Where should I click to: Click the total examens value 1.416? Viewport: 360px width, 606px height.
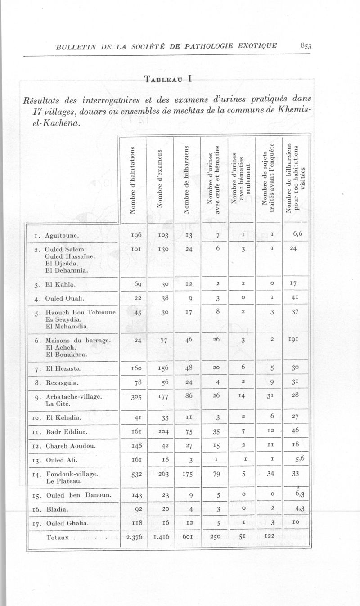(161, 537)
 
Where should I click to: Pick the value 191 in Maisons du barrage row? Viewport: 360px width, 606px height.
(295, 341)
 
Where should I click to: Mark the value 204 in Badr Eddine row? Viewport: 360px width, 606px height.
(161, 431)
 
